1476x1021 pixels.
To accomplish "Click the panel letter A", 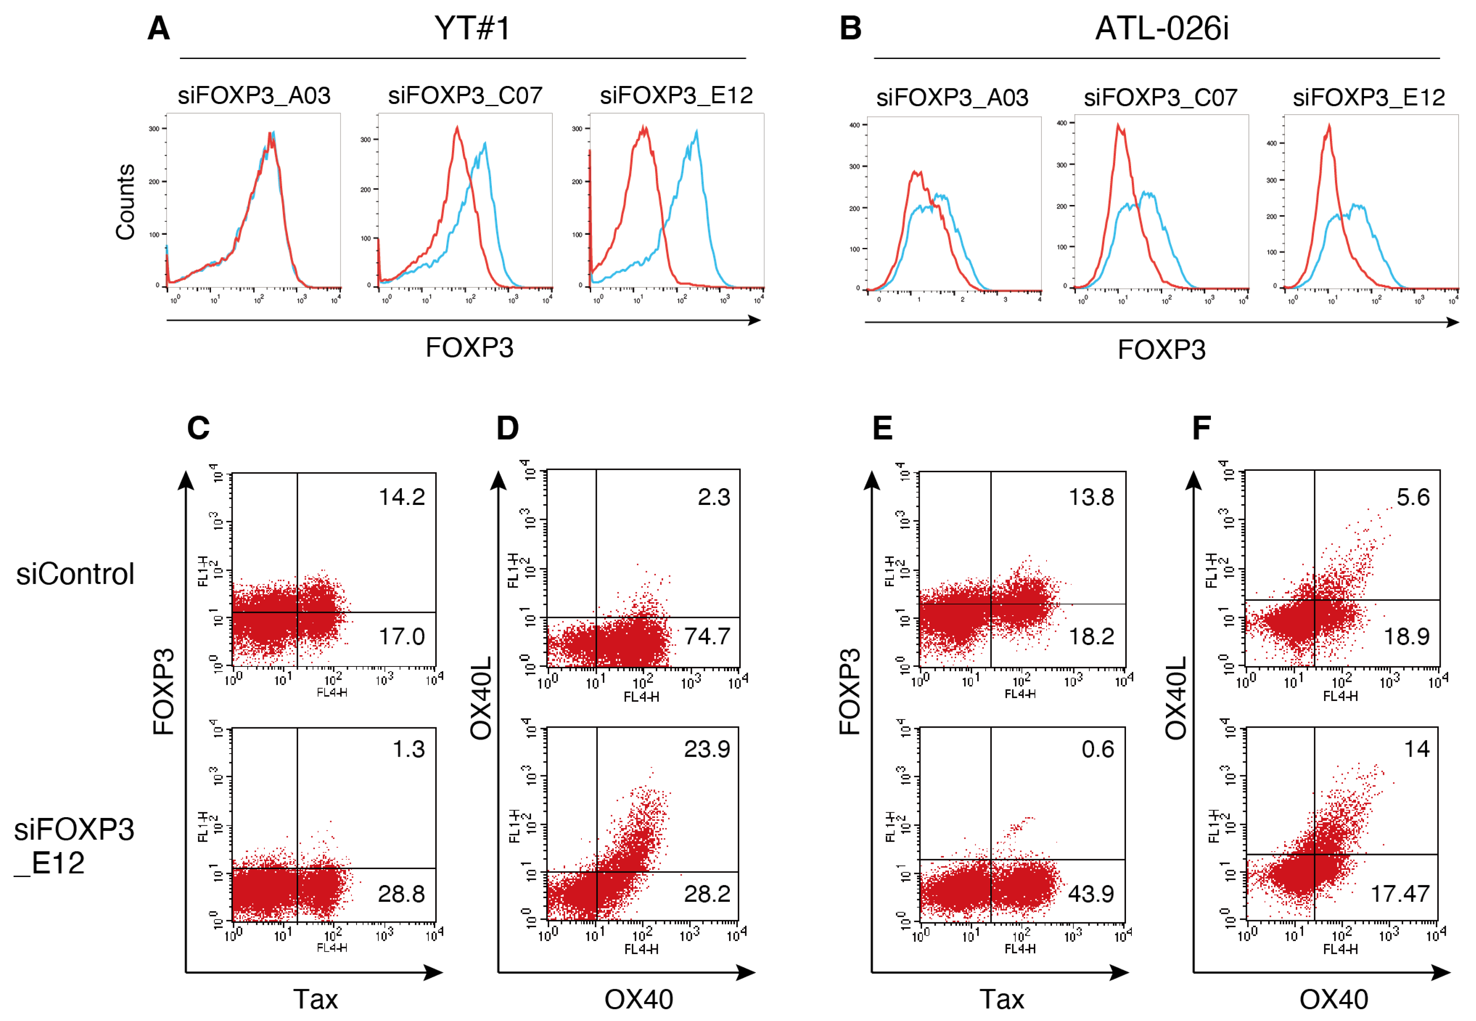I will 159,29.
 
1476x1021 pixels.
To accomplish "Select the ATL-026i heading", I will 1161,29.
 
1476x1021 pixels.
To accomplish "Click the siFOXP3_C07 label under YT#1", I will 465,96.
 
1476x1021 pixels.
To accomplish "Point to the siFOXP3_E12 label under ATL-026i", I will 1369,98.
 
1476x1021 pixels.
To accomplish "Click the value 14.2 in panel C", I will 402,497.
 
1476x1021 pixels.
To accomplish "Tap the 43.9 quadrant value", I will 1091,894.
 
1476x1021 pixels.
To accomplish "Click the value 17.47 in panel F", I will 1400,894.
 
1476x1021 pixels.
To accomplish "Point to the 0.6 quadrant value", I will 1097,749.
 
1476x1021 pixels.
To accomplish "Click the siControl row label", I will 76,574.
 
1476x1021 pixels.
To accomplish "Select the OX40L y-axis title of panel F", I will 1176,698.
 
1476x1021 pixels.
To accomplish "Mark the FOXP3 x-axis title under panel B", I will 1161,350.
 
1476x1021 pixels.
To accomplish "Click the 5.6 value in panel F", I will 1413,497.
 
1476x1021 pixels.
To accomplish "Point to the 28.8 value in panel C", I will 401,894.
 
